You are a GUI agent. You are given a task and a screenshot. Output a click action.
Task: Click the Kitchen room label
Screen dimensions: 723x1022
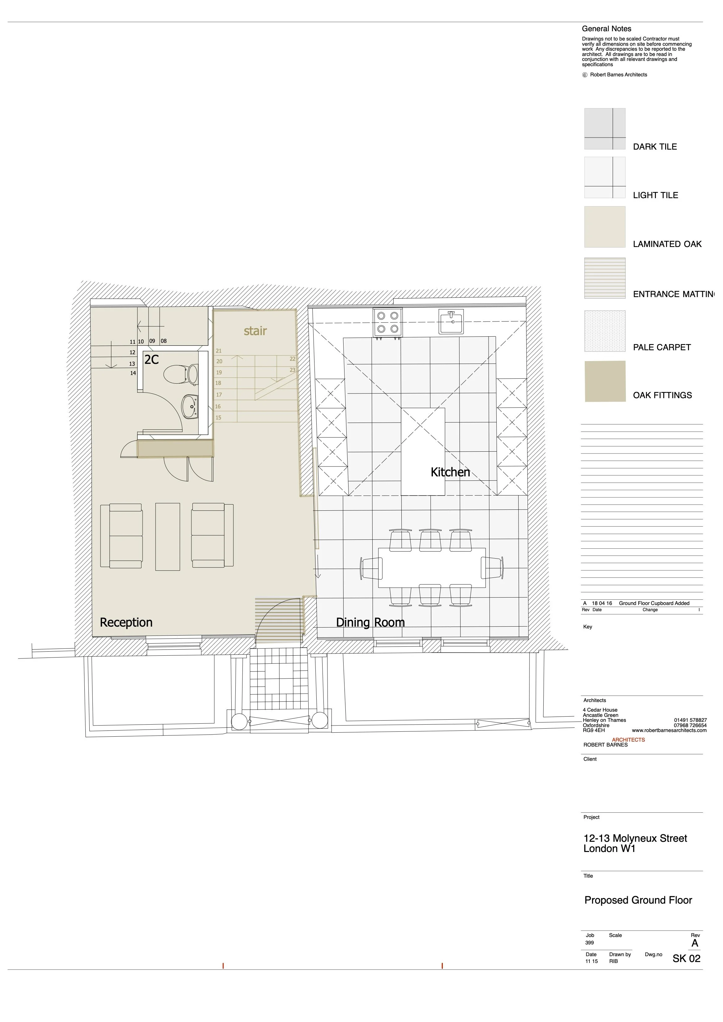[x=450, y=472]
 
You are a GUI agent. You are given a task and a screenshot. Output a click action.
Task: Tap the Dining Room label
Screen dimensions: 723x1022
[x=370, y=622]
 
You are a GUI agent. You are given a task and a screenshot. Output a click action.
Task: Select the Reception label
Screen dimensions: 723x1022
[x=126, y=623]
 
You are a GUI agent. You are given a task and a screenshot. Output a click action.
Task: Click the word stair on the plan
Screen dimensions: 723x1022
[x=255, y=331]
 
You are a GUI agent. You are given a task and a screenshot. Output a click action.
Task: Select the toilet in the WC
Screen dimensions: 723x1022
[x=181, y=375]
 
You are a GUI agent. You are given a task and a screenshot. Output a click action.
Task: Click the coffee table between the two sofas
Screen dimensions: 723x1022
[x=167, y=537]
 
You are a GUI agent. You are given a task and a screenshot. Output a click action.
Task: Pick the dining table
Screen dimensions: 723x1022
[x=432, y=568]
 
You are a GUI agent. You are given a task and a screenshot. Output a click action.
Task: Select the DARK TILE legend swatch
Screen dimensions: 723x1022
[x=605, y=129]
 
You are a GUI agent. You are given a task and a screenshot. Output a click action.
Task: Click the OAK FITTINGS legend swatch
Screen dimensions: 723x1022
[x=605, y=381]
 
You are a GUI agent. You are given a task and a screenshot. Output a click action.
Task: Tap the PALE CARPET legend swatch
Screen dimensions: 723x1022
[x=605, y=331]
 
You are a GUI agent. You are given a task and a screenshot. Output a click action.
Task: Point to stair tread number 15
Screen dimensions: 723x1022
[x=218, y=418]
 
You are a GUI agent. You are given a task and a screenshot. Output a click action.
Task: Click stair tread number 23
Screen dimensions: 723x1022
[x=293, y=370]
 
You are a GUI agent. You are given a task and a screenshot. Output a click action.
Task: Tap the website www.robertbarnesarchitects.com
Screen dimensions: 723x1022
[x=669, y=730]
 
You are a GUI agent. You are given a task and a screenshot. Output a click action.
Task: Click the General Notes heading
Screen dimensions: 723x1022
[x=606, y=28]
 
